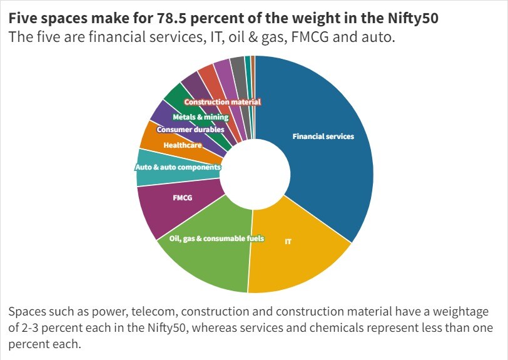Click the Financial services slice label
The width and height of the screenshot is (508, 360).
point(323,136)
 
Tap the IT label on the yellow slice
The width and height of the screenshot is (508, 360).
point(288,241)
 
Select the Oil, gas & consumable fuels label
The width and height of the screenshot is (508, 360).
point(216,239)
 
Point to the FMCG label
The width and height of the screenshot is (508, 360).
point(182,198)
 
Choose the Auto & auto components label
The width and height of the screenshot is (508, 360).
point(178,168)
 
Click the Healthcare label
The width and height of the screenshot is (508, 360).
point(182,145)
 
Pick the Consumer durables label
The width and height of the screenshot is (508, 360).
point(190,130)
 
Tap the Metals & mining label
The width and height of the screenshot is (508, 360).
point(200,117)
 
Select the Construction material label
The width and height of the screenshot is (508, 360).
point(222,102)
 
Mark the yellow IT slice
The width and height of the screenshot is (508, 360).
point(300,263)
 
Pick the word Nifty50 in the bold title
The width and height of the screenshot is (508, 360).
point(412,18)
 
